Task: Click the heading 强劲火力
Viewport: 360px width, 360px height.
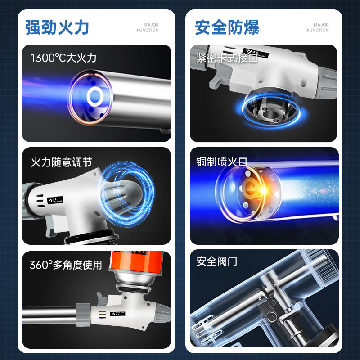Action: pos(57,27)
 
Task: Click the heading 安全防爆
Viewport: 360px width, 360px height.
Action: pos(227,27)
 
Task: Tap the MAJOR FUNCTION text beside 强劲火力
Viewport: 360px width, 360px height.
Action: pos(148,27)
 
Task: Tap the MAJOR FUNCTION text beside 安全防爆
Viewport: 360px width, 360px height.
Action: pos(318,27)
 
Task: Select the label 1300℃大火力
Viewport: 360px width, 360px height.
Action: pos(63,58)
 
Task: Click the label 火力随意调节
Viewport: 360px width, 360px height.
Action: pos(62,162)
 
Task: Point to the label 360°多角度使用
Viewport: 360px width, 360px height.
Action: pos(66,265)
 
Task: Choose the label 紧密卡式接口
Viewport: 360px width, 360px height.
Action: pos(227,58)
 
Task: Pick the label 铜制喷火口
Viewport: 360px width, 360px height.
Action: pos(222,162)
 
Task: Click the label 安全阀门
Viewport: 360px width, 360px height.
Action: pos(217,261)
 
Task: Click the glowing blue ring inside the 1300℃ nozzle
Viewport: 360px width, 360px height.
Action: pos(95,95)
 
